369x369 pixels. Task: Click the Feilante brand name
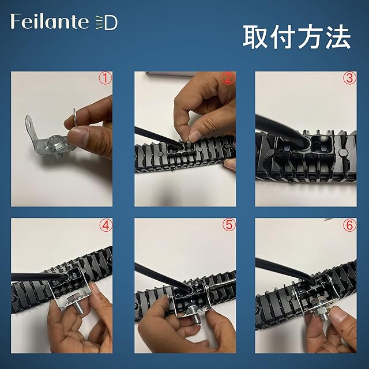tap(50, 21)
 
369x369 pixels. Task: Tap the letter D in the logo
tap(111, 23)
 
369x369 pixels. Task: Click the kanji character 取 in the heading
tap(256, 37)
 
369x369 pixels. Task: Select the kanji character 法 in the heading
tap(338, 37)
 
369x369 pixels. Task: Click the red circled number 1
tap(105, 78)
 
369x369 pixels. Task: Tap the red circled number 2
tap(228, 78)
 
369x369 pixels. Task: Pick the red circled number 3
tap(349, 78)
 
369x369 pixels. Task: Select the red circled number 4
tap(106, 225)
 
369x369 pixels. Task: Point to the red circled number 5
tap(229, 225)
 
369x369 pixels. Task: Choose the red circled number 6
tap(349, 225)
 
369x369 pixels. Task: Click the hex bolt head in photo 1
tap(54, 143)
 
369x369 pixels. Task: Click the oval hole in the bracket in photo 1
tap(30, 123)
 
